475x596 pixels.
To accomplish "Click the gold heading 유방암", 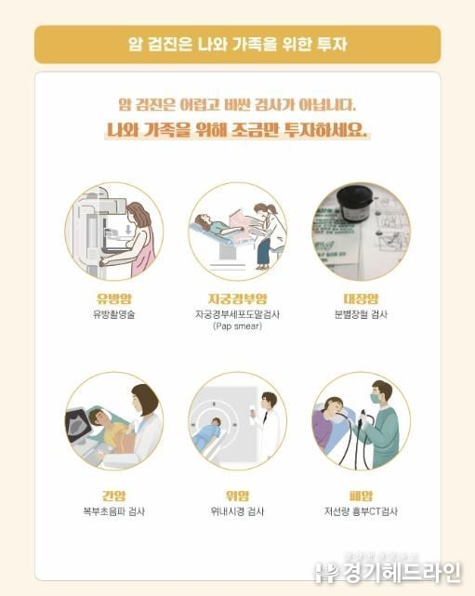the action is pos(114,298).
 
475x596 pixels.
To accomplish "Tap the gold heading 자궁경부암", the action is pos(238,298).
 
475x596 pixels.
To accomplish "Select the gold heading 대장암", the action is pos(361,298).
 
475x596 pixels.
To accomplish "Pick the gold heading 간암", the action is pos(114,496).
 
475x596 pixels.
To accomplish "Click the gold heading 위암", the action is pos(238,496).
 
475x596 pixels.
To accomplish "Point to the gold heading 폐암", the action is pos(361,496).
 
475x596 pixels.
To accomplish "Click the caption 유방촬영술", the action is pos(114,314).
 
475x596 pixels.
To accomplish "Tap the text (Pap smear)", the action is pos(238,326).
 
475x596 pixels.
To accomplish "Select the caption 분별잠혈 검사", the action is pos(361,314).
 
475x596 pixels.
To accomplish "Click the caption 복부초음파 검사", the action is pos(114,511).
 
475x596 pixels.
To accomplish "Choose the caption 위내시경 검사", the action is pos(238,511).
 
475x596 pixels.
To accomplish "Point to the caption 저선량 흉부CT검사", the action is pos(361,511).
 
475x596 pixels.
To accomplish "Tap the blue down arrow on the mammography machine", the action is pos(128,229).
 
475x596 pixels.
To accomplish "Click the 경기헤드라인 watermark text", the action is pos(402,573).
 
